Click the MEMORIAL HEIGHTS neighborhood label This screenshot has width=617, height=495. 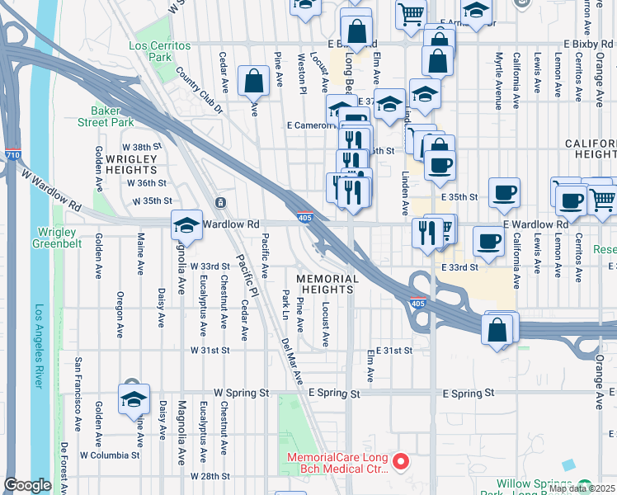(327, 285)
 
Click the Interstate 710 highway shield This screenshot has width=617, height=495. (12, 154)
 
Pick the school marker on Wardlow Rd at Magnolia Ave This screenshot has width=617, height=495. (187, 226)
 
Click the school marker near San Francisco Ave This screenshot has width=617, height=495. (133, 399)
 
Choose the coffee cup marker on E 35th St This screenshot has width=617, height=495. (503, 194)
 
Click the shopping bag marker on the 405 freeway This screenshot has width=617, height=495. (499, 328)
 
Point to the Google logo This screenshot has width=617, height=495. (27, 485)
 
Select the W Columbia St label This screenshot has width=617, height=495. (109, 455)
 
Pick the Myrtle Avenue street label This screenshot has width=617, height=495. (498, 82)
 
